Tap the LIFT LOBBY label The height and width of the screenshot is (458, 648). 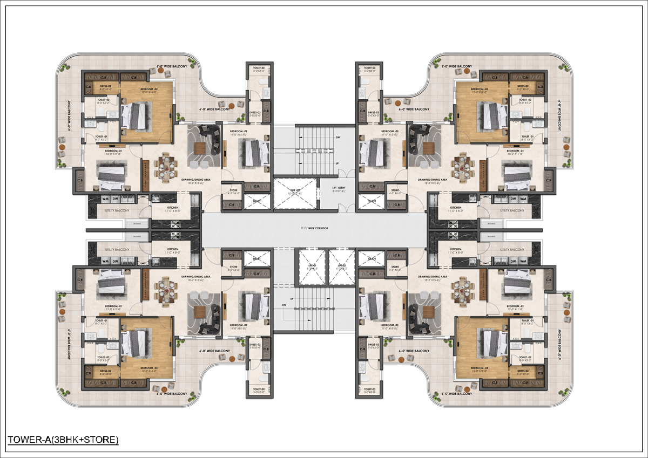(338, 188)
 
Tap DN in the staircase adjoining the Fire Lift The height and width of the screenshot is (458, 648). (338, 138)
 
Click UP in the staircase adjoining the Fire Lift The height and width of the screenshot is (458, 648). (338, 162)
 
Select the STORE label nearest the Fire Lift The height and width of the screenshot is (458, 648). (233, 190)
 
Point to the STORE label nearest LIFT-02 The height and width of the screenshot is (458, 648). (395, 267)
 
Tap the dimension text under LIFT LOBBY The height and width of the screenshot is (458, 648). (338, 192)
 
